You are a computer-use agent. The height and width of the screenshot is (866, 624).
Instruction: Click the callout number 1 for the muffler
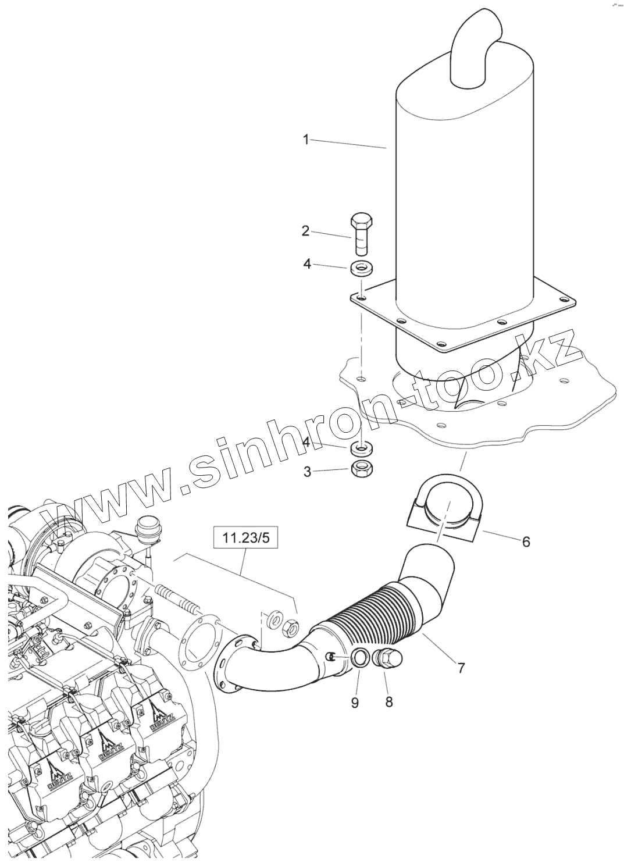(x=305, y=139)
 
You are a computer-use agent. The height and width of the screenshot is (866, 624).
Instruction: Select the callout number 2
(x=305, y=231)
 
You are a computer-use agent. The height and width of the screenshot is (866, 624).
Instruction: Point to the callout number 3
(x=306, y=471)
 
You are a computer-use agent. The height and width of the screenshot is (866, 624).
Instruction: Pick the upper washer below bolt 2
(x=362, y=268)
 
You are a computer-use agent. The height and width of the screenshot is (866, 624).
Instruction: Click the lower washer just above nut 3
(x=362, y=449)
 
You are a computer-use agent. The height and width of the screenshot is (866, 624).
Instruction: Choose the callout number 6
(x=526, y=541)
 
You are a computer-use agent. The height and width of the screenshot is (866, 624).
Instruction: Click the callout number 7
(x=461, y=668)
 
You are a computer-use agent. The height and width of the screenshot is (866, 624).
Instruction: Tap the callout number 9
(x=355, y=702)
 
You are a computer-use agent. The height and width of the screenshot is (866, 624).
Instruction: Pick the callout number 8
(x=388, y=702)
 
